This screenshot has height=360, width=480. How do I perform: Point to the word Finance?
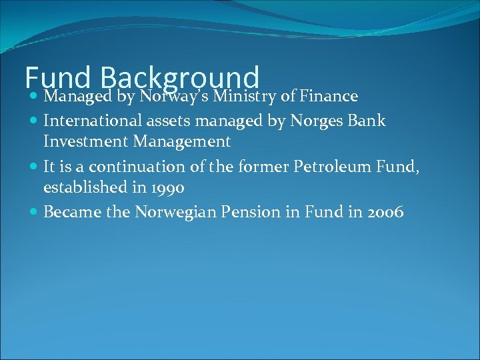(x=329, y=97)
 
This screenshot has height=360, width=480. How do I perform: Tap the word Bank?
(x=368, y=121)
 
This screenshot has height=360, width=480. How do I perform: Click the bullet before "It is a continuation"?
(x=34, y=167)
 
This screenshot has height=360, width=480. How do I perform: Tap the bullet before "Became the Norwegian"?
(x=34, y=213)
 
